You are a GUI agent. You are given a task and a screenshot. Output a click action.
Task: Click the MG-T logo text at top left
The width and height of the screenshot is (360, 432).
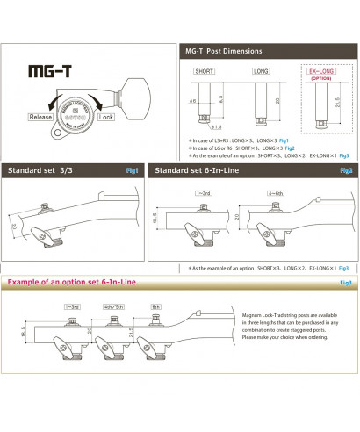tap(48, 71)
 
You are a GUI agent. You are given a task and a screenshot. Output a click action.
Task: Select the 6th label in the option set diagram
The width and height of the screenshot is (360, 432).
tap(155, 306)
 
